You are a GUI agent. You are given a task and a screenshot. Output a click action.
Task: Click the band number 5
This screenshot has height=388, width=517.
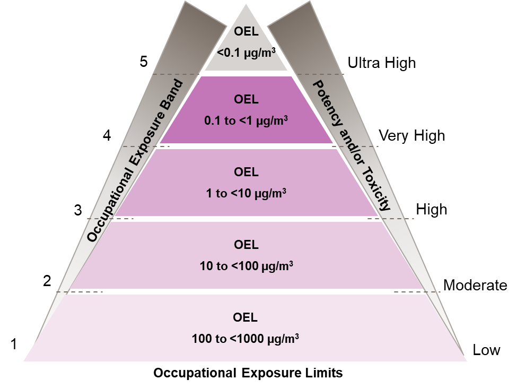point(143,62)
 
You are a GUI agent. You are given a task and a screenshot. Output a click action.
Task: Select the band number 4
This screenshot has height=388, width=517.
point(107,135)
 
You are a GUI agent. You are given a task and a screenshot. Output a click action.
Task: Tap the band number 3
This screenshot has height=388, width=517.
point(78,210)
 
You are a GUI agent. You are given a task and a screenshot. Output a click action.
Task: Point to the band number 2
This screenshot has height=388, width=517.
point(47,281)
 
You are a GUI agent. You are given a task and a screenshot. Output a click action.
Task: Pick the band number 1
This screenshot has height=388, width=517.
point(14,344)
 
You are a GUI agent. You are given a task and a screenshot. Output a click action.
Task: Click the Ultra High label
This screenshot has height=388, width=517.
point(382,63)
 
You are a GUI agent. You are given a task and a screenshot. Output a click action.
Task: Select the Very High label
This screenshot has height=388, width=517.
point(412,135)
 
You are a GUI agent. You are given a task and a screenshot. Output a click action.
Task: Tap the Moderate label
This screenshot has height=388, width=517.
point(475,286)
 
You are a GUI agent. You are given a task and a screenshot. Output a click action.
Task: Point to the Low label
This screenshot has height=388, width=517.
point(486,350)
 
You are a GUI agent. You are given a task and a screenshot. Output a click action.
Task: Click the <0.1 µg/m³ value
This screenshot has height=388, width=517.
point(246,53)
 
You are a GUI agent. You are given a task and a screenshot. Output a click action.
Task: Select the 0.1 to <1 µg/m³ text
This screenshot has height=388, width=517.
point(246,121)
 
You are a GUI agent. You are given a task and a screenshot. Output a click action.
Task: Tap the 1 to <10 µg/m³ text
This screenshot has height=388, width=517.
point(246,193)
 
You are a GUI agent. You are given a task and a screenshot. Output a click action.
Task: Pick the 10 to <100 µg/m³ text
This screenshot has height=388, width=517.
point(246,266)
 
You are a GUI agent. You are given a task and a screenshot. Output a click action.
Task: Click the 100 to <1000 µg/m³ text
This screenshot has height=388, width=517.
point(246,339)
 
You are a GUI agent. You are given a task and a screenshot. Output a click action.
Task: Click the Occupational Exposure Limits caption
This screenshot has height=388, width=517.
point(248,373)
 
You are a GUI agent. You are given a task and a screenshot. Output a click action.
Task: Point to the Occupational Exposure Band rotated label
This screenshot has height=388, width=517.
point(135,161)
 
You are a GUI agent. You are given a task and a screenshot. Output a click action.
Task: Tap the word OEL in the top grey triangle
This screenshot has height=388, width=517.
point(246,32)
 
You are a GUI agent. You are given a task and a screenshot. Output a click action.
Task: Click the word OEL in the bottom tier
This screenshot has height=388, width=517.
point(246,317)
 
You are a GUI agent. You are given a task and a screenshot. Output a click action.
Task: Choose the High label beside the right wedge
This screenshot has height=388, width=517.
point(432,210)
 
